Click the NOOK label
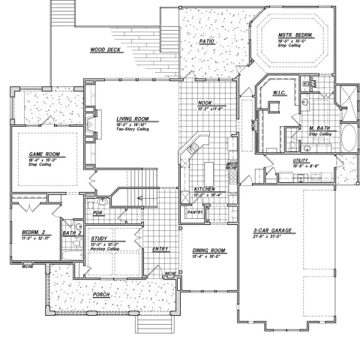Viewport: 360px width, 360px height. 205,103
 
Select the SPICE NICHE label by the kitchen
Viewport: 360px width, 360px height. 232,165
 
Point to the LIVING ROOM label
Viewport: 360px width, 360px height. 133,118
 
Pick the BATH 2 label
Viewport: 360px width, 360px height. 72,234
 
